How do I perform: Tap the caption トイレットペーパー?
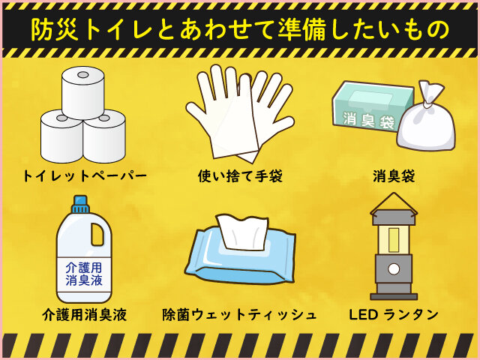pos(85,176)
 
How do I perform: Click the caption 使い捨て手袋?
pos(240,176)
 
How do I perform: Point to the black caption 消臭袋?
pos(394,177)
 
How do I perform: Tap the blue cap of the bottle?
pos(81,204)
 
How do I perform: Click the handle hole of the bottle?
pos(97,234)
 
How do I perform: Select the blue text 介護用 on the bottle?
pos(83,268)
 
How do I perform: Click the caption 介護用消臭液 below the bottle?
pos(85,315)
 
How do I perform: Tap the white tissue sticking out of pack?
pos(242,231)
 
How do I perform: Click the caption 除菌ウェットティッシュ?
pos(239,315)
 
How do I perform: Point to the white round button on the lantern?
pos(394,269)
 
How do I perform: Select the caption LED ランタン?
pos(394,315)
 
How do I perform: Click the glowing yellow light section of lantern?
pos(394,239)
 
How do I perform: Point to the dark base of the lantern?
pos(394,296)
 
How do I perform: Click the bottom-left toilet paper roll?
pos(61,138)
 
